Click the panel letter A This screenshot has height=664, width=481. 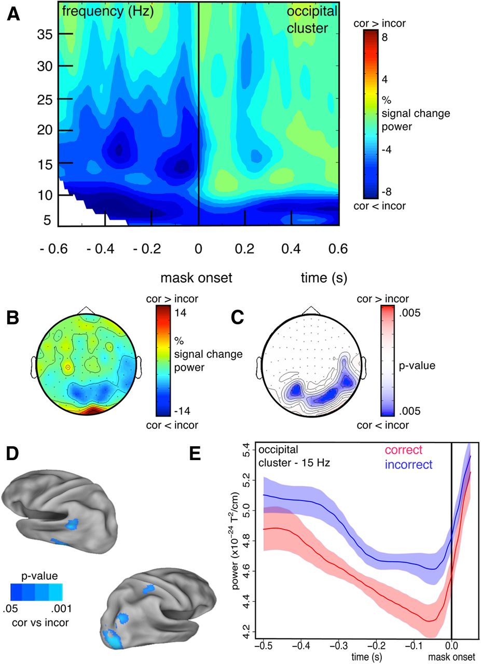pos(13,14)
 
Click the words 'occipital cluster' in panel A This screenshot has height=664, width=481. pos(312,19)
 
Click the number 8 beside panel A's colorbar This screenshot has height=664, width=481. pos(386,37)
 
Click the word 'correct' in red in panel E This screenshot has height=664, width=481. pos(401,450)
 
